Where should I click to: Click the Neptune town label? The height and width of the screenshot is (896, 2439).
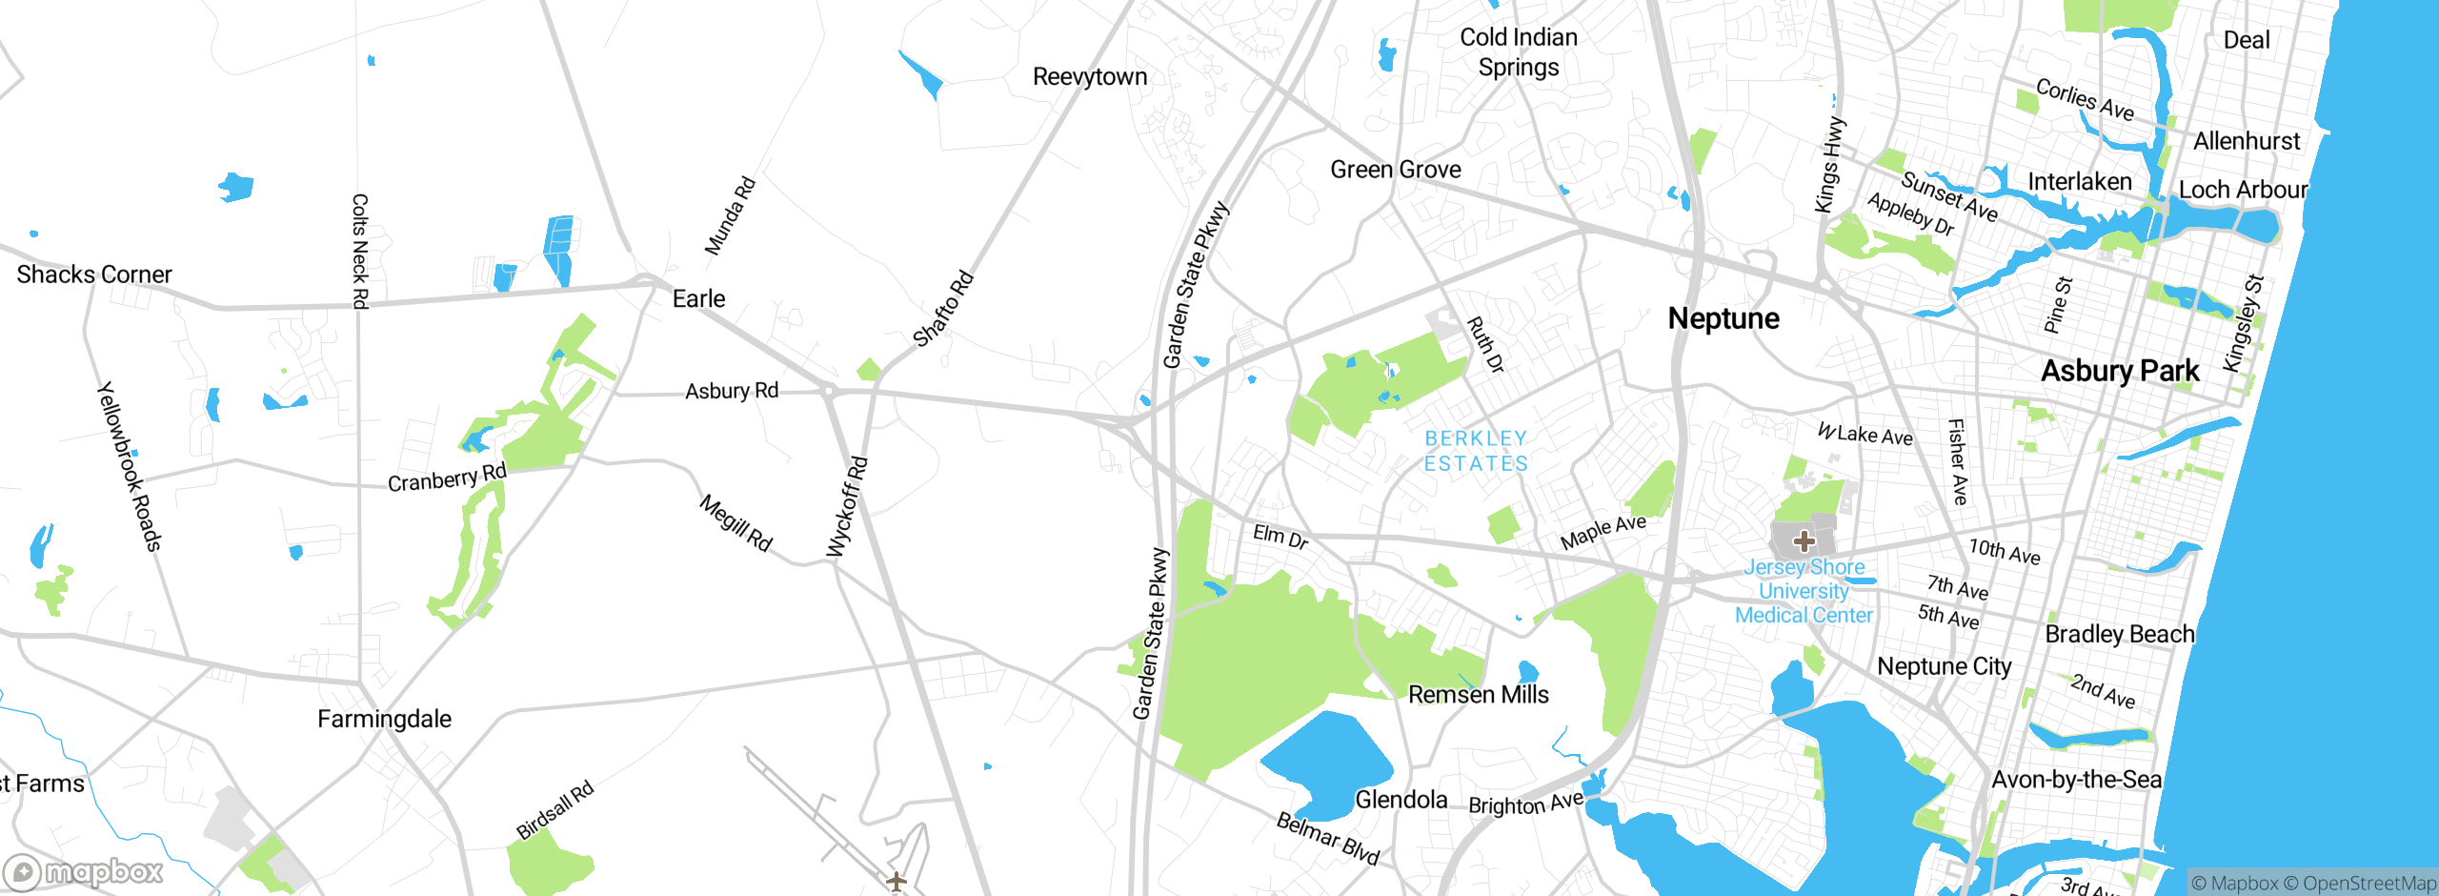[x=1723, y=318]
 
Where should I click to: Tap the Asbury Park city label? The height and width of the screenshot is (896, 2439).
[x=2120, y=371]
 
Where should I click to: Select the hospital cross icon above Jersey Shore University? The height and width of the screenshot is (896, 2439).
[x=1804, y=541]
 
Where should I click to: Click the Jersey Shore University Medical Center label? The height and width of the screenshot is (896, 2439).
[x=1804, y=591]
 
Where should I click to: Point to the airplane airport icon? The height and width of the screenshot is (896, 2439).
[x=896, y=882]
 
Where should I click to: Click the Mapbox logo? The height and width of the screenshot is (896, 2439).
[x=84, y=871]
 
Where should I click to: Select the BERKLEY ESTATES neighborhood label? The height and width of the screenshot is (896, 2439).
[x=1476, y=451]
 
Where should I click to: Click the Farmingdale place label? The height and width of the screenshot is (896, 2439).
[x=384, y=719]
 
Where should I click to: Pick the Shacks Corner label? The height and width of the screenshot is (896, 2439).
[x=94, y=275]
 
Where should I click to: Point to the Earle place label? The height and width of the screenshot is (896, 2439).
[x=698, y=299]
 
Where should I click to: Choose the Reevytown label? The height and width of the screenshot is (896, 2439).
[x=1090, y=77]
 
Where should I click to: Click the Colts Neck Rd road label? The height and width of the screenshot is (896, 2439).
[x=360, y=251]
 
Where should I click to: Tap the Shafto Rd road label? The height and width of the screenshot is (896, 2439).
[x=943, y=309]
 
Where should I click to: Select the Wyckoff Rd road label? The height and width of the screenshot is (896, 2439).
[x=847, y=506]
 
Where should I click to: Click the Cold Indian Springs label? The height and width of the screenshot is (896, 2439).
[x=1519, y=52]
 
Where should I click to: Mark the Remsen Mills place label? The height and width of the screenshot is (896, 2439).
[x=1478, y=695]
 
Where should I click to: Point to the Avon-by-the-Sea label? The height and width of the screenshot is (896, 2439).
[x=2076, y=780]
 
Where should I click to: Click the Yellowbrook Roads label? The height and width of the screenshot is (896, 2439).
[x=130, y=466]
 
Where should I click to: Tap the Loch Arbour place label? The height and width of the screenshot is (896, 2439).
[x=2243, y=190]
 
